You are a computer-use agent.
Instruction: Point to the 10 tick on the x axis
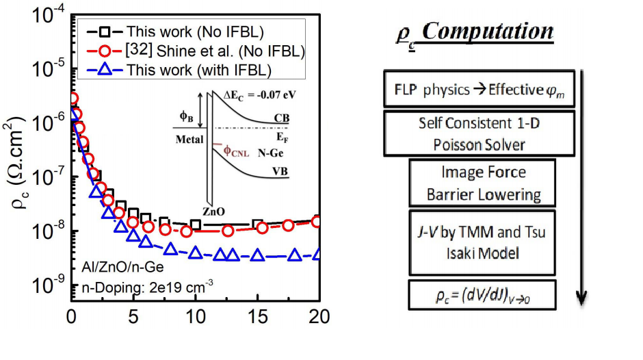pos(195,317)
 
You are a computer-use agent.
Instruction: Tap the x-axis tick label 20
pos(318,317)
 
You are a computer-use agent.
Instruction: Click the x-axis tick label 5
pos(133,317)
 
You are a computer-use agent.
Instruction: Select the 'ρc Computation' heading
pos(474,32)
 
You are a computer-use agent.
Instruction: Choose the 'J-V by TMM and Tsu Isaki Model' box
pos(483,242)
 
